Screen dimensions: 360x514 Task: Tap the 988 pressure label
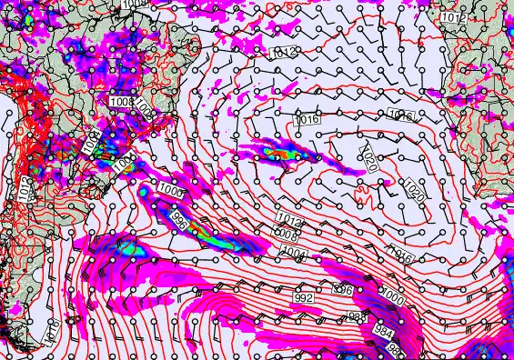point(358,315)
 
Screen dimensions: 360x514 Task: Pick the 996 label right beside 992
point(343,290)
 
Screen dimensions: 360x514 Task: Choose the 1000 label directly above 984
point(393,296)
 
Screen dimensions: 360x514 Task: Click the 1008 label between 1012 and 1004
point(286,234)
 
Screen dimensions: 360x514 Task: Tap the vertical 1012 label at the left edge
point(26,189)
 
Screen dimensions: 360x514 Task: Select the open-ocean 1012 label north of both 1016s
point(284,53)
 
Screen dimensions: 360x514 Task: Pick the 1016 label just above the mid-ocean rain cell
point(307,120)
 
